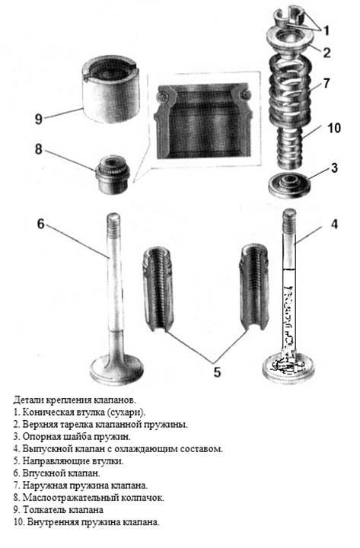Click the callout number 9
pos(39,119)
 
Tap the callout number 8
pos(39,149)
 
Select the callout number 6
pos(41,224)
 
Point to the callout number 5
pos(217,372)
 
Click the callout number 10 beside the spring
pos(334,128)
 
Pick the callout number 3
pos(334,168)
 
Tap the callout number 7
pos(327,83)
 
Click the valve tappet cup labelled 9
pos(110,89)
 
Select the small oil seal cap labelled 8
pos(113,174)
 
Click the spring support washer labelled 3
pos(289,185)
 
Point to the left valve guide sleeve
pos(158,288)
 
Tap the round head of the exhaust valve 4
pos(289,368)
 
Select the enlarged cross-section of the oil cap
pos(204,120)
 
